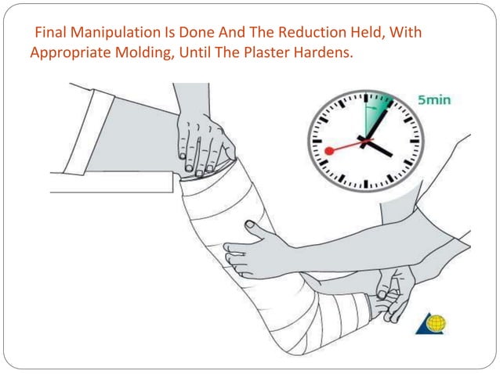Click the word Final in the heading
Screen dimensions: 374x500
pyautogui.click(x=49, y=37)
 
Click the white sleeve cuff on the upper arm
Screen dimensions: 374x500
pyautogui.click(x=86, y=141)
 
